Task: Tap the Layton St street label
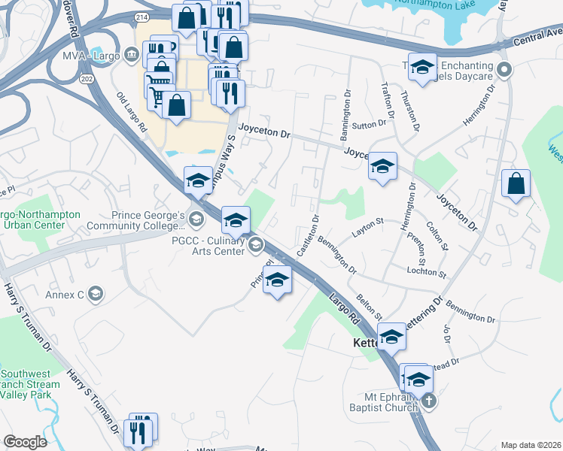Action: click(370, 222)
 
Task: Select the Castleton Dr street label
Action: click(309, 235)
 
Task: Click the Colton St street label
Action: click(437, 235)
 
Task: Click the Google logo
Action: click(25, 442)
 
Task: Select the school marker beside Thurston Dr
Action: click(422, 66)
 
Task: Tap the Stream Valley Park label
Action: click(30, 384)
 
